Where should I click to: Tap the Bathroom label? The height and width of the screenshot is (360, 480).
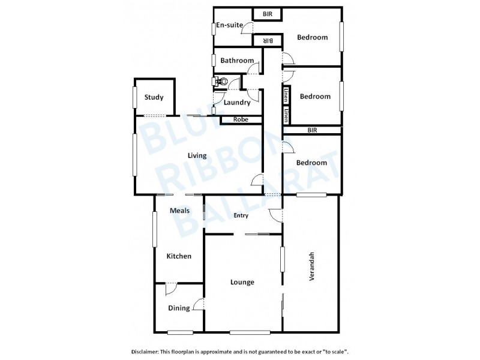click(237, 61)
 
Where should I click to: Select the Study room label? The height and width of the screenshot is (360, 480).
click(154, 98)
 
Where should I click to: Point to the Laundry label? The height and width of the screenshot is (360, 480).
click(236, 102)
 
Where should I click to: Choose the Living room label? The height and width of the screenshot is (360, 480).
click(197, 155)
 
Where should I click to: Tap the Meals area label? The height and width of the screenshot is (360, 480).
click(179, 211)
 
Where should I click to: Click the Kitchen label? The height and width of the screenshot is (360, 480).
click(179, 256)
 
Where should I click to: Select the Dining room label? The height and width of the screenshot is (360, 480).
click(179, 308)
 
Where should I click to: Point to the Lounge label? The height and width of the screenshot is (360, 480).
click(242, 282)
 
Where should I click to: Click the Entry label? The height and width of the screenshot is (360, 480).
click(241, 216)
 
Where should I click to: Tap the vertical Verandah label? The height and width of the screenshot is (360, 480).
click(311, 266)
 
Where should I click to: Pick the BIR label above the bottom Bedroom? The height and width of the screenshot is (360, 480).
click(312, 130)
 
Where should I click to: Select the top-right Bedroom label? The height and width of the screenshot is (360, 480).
click(313, 37)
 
